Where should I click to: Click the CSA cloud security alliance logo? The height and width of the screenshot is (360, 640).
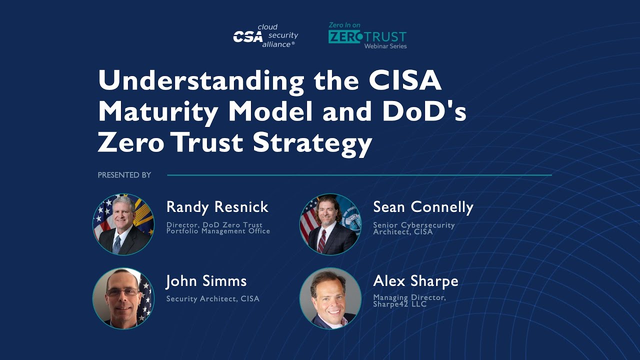[265, 36]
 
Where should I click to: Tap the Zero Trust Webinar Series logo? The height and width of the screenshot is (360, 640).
[367, 36]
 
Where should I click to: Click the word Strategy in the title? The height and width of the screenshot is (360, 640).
[312, 142]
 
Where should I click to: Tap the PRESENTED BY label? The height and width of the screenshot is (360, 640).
[124, 175]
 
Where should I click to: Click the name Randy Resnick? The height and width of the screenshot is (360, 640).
[217, 207]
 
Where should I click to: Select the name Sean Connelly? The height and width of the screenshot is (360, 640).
[423, 207]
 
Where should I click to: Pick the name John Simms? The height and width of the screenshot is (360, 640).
[206, 281]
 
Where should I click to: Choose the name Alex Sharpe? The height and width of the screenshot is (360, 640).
[415, 281]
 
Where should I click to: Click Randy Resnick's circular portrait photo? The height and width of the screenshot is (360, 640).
[123, 224]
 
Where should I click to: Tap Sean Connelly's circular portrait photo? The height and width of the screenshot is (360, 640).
[330, 224]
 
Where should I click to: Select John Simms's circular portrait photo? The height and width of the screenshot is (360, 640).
[123, 298]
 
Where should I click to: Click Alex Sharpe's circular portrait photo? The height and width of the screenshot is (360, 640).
[330, 298]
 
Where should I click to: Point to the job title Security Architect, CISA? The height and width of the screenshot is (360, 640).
[213, 299]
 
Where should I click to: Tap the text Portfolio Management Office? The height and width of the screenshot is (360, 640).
[218, 231]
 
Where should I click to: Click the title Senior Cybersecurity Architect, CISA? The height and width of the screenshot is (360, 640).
[414, 228]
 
